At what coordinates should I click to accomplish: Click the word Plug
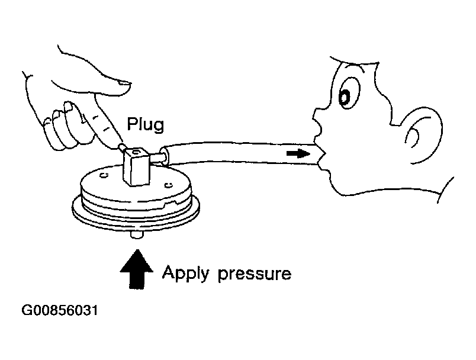point(145,126)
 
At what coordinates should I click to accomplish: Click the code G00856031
point(60,311)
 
